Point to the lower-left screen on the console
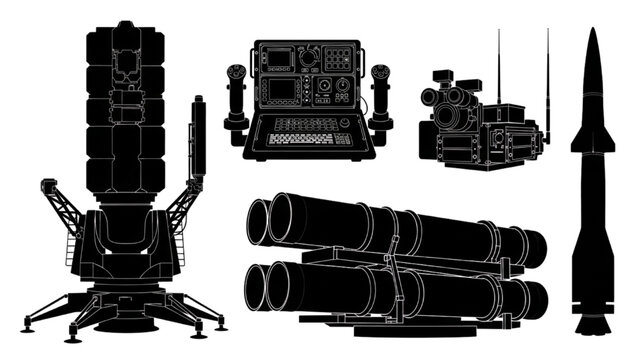tap(284, 89)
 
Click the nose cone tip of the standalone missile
tap(592, 33)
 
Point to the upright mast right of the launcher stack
tap(198, 140)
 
